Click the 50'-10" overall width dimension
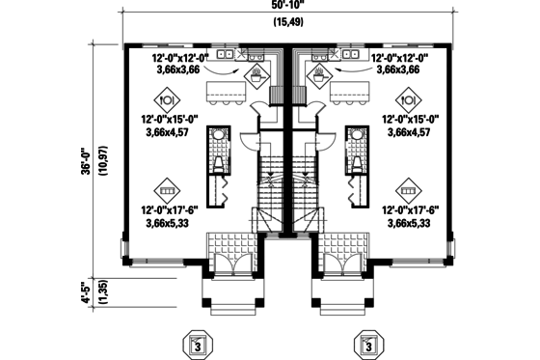pyautogui.click(x=284, y=7)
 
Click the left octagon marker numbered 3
pyautogui.click(x=196, y=344)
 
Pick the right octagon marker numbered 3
pyautogui.click(x=368, y=344)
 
